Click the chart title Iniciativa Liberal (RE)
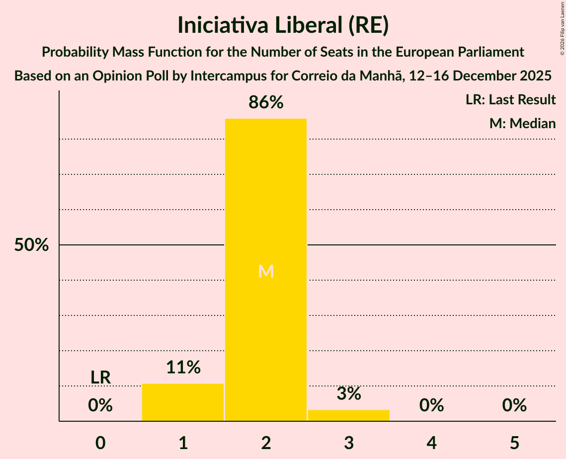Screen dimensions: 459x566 283,26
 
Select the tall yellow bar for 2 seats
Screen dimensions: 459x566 266,199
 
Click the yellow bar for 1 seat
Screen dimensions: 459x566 183,402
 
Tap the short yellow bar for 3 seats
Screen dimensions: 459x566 349,415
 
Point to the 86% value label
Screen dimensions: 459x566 266,103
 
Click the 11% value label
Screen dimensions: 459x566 183,368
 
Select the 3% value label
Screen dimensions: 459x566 349,394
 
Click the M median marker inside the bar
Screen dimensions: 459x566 266,271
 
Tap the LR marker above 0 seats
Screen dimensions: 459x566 100,378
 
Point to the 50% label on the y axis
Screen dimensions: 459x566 31,245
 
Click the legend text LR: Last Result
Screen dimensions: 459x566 510,100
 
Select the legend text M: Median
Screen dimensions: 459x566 522,123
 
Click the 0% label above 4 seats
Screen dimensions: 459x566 431,406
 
